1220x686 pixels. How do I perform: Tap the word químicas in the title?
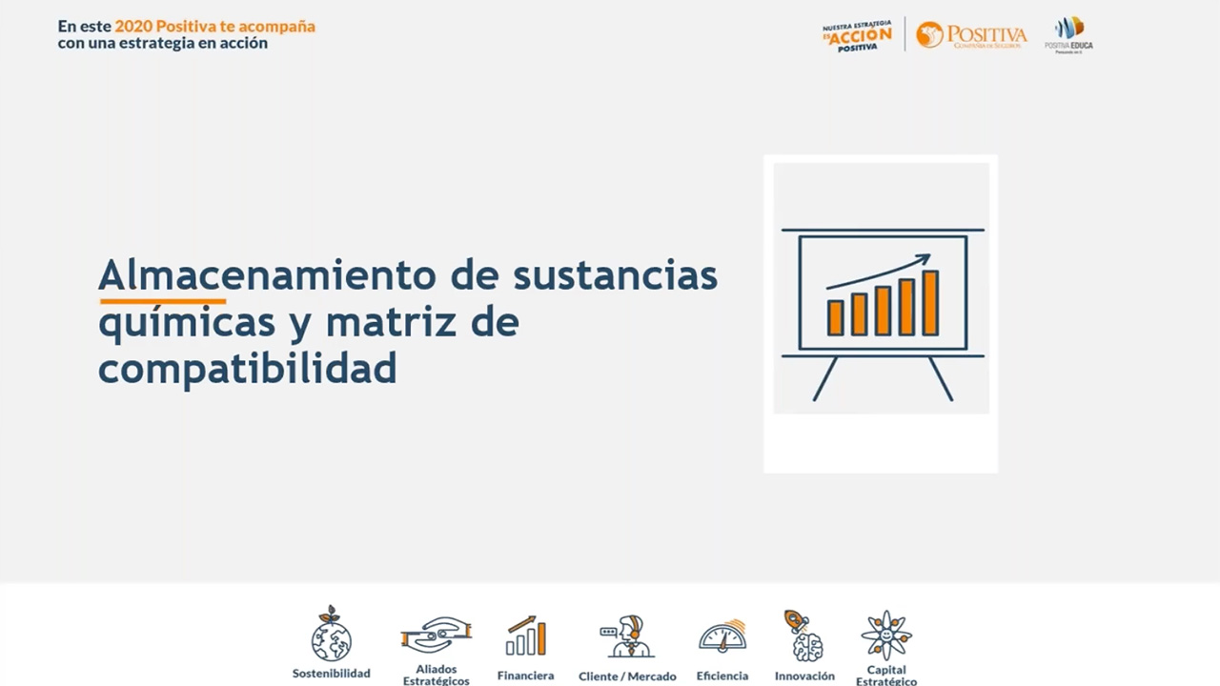[x=187, y=322]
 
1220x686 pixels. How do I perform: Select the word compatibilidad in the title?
[x=247, y=368]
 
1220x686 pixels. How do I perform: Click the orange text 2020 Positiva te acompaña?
[x=214, y=27]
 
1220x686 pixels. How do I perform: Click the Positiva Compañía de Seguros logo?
[x=971, y=35]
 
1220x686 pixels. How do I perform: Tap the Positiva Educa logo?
[x=1068, y=34]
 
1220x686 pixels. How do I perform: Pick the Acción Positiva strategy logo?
[x=857, y=35]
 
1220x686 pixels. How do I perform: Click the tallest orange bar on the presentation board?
[x=929, y=302]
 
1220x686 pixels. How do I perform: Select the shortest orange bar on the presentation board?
[x=835, y=317]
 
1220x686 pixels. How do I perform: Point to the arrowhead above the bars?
[x=922, y=259]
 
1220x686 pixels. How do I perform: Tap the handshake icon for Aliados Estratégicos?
[x=436, y=635]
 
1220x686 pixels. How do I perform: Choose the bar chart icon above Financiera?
[x=526, y=636]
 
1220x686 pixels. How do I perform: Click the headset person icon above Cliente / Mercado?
[x=626, y=636]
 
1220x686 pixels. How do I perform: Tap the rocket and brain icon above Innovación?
[x=803, y=636]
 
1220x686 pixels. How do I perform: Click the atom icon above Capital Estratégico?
[x=886, y=635]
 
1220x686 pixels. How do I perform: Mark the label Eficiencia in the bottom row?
[x=722, y=676]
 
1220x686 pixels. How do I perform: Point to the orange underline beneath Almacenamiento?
[x=162, y=300]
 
